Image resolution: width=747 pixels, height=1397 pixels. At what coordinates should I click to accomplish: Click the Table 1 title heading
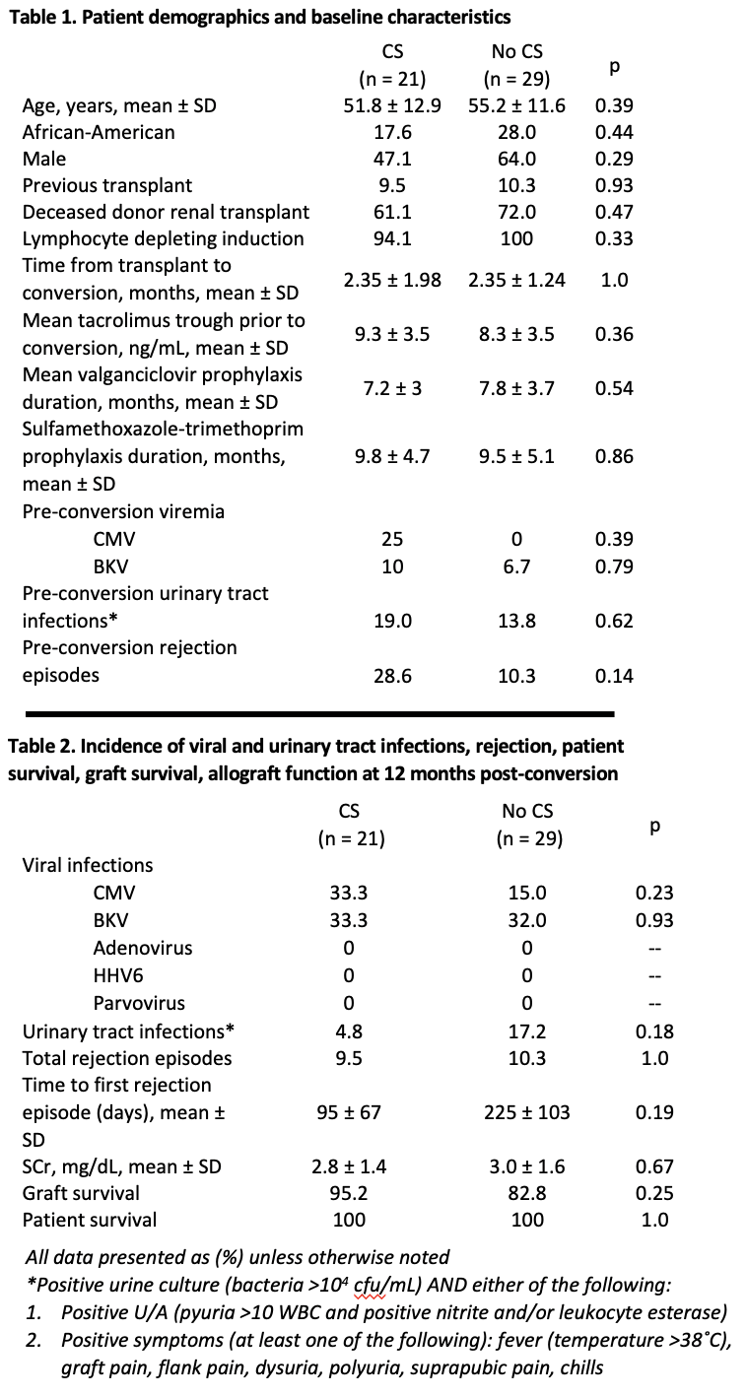tap(259, 17)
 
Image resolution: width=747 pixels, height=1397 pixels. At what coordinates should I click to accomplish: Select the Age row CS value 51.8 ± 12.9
tap(392, 105)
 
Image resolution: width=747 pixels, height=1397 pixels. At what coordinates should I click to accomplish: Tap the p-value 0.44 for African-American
tap(614, 132)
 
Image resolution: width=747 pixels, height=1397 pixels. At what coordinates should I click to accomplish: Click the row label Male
tap(44, 159)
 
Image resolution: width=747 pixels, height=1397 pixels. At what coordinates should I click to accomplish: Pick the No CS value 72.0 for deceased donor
tap(516, 212)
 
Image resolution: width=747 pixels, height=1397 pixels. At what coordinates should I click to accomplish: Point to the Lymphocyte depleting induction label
tap(164, 238)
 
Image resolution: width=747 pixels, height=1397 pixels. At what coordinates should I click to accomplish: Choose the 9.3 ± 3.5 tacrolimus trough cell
tap(392, 334)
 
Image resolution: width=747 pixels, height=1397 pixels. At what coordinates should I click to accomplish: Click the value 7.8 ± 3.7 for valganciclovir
tap(516, 388)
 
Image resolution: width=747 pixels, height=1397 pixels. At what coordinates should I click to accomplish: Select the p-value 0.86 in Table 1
tap(614, 456)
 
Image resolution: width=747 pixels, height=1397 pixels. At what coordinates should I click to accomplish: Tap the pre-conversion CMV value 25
tap(392, 539)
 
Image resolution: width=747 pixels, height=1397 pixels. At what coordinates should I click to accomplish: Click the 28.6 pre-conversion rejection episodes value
tap(392, 676)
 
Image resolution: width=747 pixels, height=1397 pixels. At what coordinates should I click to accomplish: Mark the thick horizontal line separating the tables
tap(319, 714)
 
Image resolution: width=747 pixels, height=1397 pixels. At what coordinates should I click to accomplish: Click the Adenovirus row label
tap(143, 948)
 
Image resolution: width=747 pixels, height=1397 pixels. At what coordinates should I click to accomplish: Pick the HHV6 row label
tap(118, 974)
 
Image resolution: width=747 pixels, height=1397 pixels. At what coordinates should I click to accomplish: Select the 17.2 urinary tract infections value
tap(527, 1031)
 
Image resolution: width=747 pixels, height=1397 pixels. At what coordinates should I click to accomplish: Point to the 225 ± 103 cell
tap(527, 1112)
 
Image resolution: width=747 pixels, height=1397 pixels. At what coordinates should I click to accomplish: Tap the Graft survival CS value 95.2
tap(349, 1193)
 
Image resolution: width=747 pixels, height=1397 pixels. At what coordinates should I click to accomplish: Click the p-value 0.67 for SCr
tap(654, 1166)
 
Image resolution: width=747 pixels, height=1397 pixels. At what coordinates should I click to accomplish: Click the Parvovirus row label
tap(139, 1003)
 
